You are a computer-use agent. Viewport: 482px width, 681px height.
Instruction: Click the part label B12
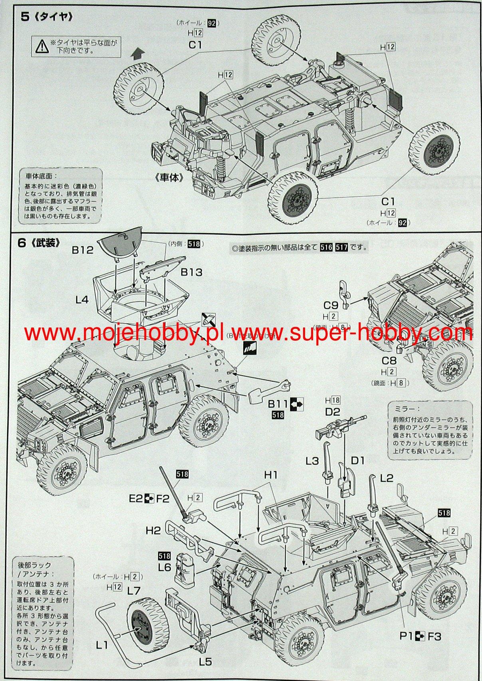click(x=83, y=250)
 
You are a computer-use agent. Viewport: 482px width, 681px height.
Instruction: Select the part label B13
click(x=191, y=272)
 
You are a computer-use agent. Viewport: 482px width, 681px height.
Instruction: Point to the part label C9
click(x=331, y=306)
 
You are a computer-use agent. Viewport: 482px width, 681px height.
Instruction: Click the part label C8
click(x=389, y=361)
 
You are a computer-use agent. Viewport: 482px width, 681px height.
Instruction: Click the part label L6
click(x=165, y=567)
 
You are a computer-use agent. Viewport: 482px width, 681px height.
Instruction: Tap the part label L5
click(x=205, y=661)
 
